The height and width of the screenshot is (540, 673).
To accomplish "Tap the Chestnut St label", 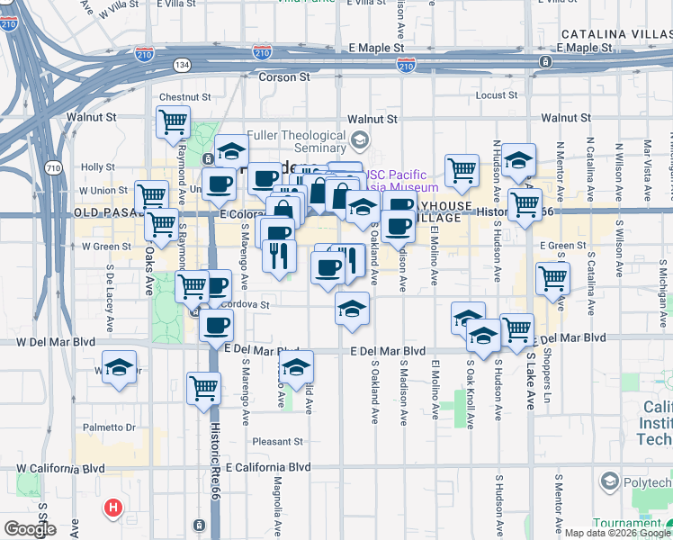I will coord(184,96).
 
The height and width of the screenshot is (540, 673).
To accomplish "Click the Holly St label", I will coord(96,166).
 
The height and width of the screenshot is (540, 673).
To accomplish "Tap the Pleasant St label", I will coord(277,441).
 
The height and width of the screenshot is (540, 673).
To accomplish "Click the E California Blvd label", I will coord(268,467).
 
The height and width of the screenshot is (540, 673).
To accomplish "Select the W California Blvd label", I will coord(60,468).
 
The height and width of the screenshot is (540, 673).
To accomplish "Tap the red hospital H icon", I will coord(113,508).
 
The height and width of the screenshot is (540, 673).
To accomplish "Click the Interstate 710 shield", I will coord(53,168).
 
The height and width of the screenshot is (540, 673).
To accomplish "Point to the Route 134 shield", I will coord(183,65).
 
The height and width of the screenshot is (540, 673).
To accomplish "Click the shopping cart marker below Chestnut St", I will coord(173,121).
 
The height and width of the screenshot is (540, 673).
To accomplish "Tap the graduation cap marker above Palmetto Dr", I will coord(118,367).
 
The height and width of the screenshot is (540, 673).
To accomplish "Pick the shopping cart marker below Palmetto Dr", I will coord(203,388).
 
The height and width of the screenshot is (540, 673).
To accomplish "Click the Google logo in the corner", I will coord(30,529).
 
